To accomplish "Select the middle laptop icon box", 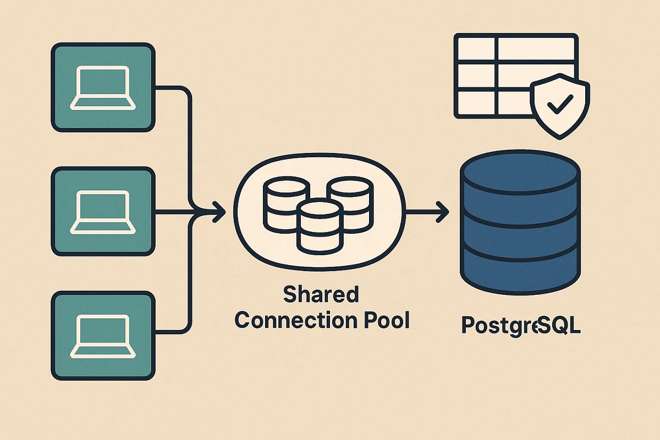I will click(102, 212).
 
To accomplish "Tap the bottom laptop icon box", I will click(102, 335).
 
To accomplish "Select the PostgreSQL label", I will click(521, 326).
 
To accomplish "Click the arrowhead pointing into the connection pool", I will click(219, 212).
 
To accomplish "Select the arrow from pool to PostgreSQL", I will click(427, 212).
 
